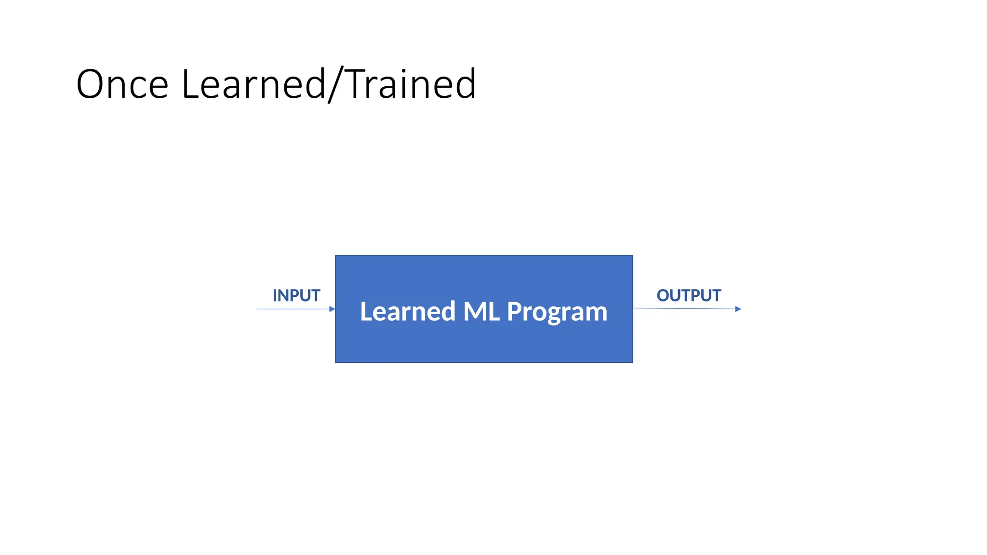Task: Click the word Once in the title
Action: click(122, 84)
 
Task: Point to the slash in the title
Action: click(336, 85)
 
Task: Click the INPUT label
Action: click(296, 295)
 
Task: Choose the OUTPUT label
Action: click(689, 295)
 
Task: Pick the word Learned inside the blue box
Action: click(408, 312)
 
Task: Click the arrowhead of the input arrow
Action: click(332, 309)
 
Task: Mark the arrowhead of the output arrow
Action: click(738, 309)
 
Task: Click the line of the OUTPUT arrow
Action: click(684, 308)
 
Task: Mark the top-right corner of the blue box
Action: click(632, 256)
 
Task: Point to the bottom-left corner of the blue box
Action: click(336, 362)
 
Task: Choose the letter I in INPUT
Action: click(275, 295)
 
